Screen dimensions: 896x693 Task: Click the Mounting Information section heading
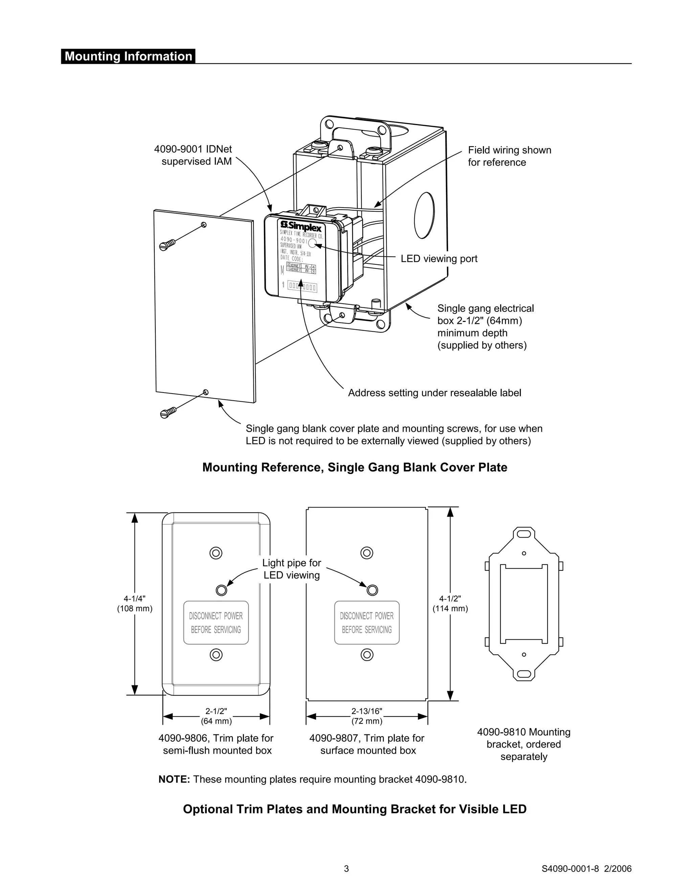(x=128, y=56)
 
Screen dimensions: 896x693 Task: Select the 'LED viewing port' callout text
(x=439, y=259)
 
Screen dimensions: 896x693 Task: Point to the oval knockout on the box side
(x=424, y=215)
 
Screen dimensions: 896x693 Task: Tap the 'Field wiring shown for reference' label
(x=509, y=156)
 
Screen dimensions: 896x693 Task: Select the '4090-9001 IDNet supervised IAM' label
(x=193, y=156)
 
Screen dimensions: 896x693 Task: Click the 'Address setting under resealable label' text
(x=434, y=393)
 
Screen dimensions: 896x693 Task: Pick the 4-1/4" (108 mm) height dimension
(x=135, y=604)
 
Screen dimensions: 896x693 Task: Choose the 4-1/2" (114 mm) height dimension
(x=450, y=604)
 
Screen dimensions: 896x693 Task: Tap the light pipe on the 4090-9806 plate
(x=221, y=590)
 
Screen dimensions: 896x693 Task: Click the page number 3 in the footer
(x=346, y=869)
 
